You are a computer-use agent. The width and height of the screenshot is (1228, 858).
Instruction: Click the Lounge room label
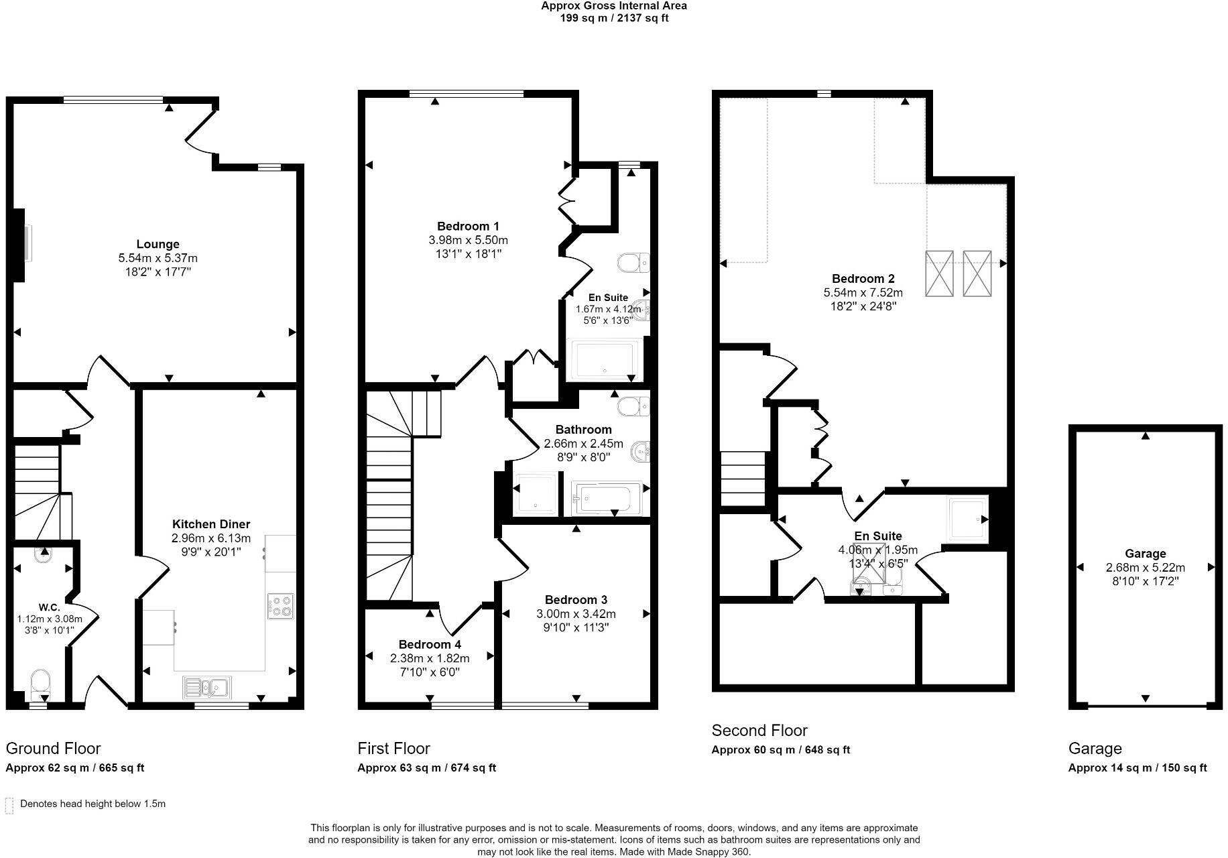coord(158,245)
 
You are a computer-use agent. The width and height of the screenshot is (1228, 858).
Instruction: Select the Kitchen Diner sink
coord(207,686)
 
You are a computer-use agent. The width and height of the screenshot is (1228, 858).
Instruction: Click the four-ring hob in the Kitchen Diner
coord(280,606)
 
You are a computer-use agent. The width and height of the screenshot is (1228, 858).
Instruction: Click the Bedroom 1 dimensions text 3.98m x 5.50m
coord(468,240)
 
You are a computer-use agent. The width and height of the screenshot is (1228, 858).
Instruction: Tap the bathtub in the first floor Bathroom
coord(605,498)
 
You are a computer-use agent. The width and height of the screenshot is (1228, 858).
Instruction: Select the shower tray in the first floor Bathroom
coord(534,495)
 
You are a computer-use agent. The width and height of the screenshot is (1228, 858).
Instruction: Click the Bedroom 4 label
coord(429,644)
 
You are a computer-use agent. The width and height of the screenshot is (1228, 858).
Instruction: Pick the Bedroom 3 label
coord(576,600)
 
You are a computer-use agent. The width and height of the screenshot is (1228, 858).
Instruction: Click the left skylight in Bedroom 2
coord(939,273)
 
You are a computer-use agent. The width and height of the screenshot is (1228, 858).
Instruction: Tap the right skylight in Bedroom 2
coord(977,273)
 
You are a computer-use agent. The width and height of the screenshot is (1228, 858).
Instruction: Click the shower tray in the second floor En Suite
coord(967,519)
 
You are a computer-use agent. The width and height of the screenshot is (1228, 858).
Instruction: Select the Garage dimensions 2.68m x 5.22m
coord(1145,568)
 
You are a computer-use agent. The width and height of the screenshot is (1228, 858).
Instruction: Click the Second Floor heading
coord(759,731)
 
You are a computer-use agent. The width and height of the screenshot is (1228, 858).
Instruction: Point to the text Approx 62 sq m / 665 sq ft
coord(74,768)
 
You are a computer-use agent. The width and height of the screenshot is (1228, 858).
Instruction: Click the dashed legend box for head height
coord(9,805)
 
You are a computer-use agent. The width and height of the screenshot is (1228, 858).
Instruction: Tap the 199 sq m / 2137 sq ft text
coord(613,18)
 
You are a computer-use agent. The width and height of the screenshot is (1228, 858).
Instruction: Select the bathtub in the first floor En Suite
coord(604,360)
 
